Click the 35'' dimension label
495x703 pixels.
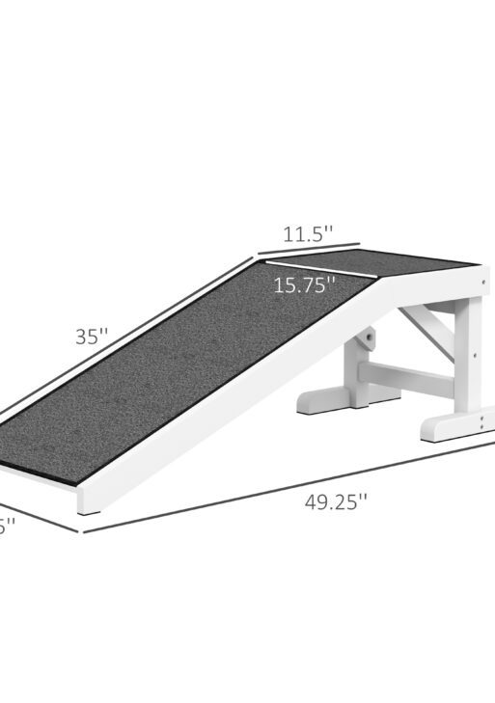93,338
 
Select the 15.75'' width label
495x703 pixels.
304,284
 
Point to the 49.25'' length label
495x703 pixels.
336,501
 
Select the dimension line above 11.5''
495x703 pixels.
307,250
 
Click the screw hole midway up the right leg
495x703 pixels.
474,356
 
